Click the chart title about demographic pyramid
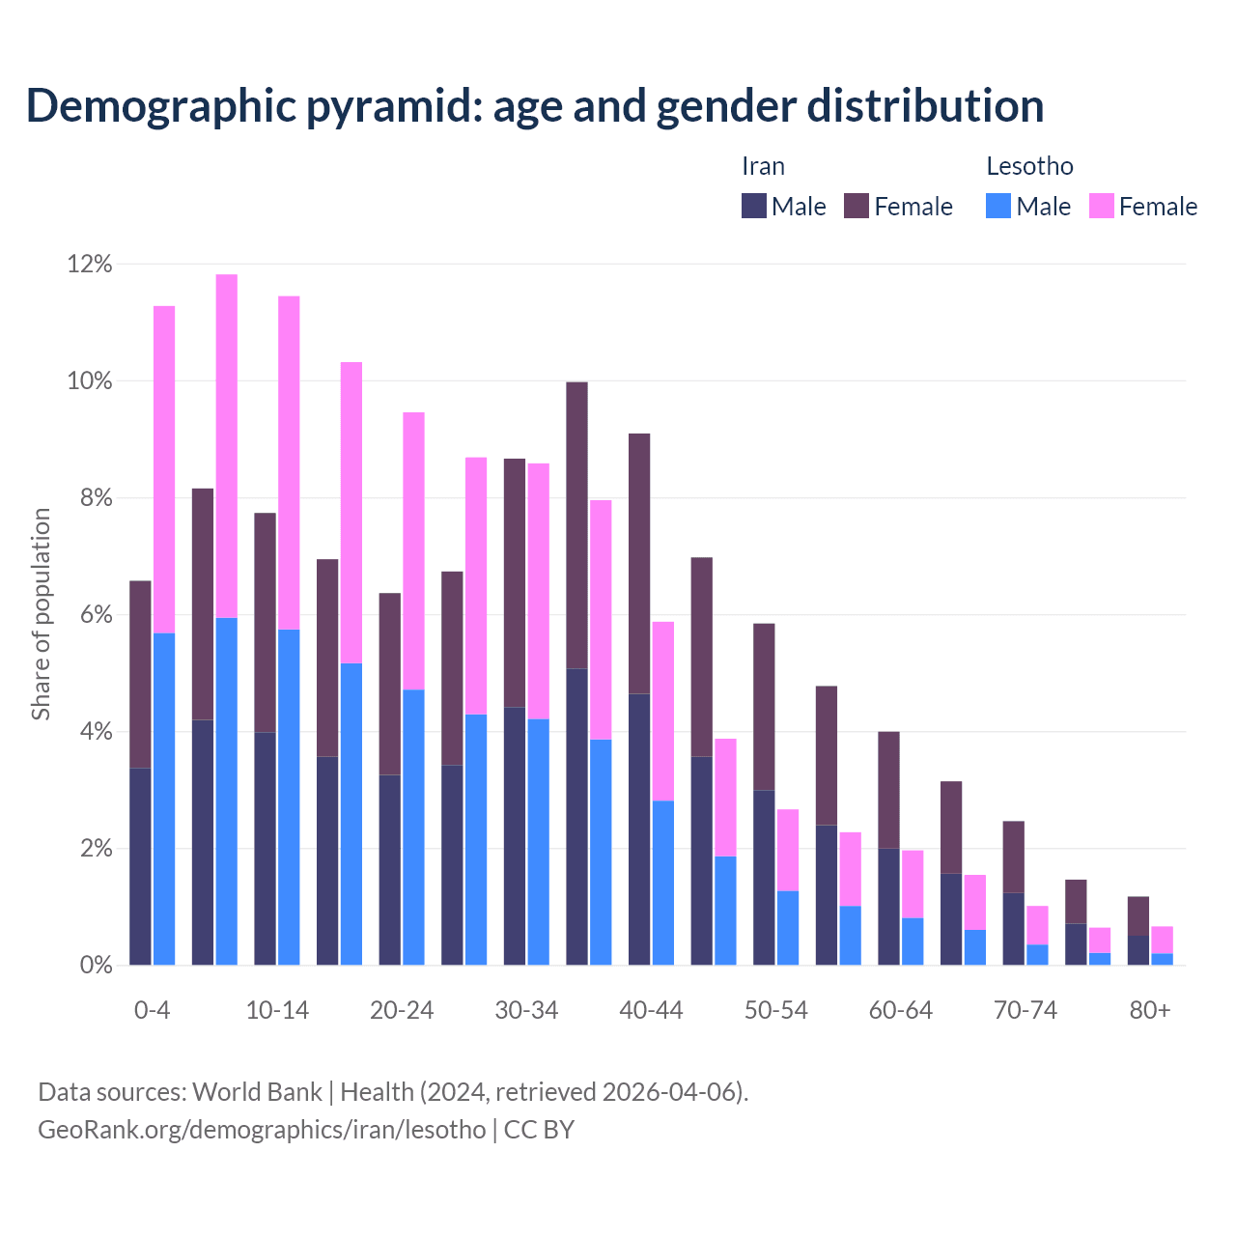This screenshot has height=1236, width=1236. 535,105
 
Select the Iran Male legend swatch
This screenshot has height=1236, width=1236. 753,206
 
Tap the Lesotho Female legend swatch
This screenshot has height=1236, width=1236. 1101,206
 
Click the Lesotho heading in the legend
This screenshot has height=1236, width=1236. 1029,166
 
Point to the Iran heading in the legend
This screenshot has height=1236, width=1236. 763,166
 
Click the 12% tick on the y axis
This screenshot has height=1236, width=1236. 89,264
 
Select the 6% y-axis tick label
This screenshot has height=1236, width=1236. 95,615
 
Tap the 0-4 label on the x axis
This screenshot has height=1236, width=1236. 153,1010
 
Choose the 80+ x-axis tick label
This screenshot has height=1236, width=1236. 1150,1010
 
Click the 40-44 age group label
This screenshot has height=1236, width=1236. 651,1010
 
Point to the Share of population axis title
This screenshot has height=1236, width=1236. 41,614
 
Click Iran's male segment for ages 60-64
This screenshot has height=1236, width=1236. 888,907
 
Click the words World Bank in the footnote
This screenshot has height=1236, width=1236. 257,1092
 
